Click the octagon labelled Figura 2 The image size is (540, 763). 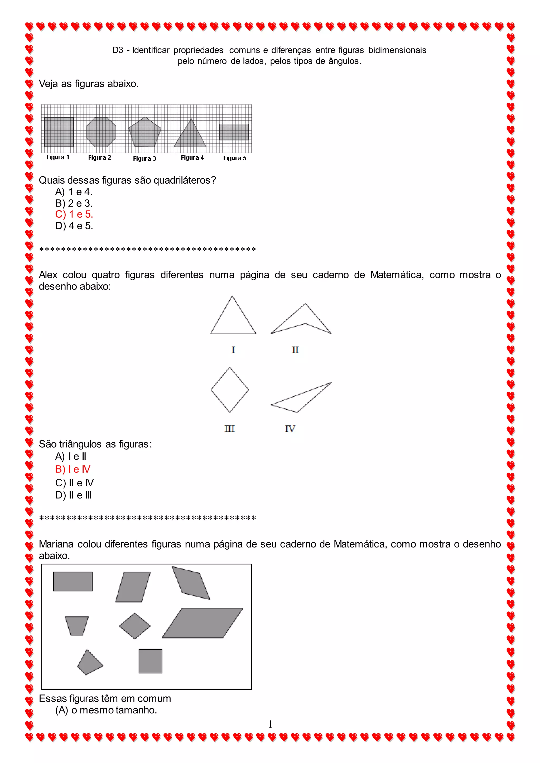point(101,132)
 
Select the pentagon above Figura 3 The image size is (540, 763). point(145,133)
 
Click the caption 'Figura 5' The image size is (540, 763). point(234,158)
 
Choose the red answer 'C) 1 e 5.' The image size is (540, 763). point(74,214)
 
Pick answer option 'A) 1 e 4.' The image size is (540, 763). point(74,192)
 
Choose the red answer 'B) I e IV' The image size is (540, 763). point(73,469)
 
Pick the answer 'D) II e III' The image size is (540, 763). point(73,495)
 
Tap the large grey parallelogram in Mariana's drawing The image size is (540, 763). point(202,623)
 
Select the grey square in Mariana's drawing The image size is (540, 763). point(150,661)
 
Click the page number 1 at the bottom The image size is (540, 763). point(270,724)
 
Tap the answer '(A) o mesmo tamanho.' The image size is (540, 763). point(106,710)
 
